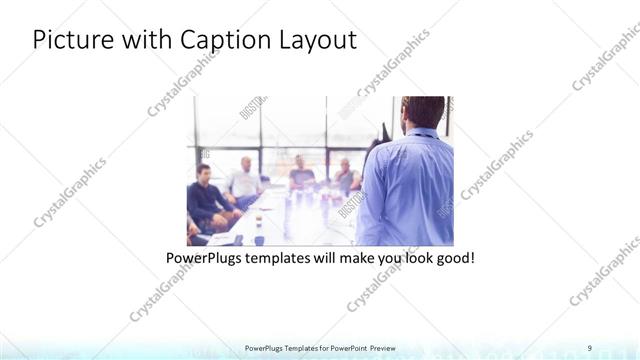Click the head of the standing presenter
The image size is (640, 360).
click(422, 111)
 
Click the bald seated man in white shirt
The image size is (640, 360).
click(243, 180)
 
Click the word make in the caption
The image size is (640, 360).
click(355, 258)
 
